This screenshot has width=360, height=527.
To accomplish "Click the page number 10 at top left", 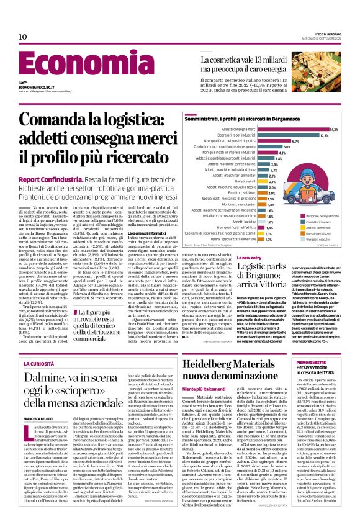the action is [23, 37].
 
